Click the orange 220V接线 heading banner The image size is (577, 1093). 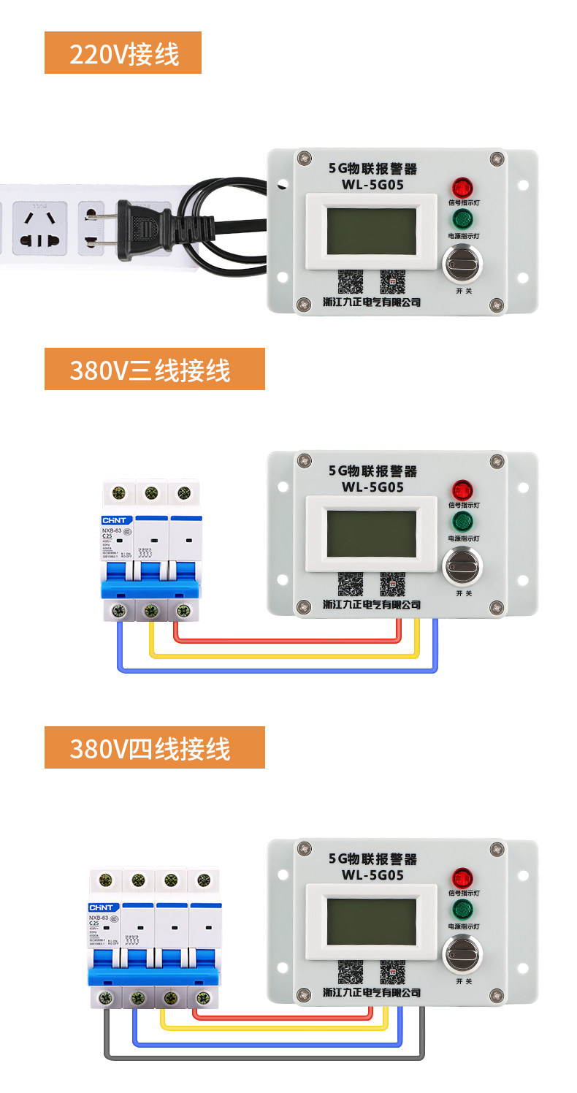point(123,53)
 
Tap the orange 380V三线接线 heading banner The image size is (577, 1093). point(154,369)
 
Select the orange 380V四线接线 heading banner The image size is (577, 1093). point(154,747)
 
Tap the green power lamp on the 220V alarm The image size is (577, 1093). point(462,218)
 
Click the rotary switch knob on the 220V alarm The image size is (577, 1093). point(462,264)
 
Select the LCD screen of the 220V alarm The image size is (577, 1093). point(371,230)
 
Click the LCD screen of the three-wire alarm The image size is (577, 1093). point(371,533)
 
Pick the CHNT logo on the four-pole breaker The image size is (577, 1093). point(102,907)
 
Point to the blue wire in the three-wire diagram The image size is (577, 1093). point(278,669)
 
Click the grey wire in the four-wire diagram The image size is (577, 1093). point(263,1056)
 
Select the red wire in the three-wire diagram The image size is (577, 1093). point(285,641)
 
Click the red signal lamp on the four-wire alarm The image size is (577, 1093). point(462,877)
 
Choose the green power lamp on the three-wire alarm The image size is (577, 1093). point(462,521)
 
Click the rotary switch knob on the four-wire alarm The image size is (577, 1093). point(462,954)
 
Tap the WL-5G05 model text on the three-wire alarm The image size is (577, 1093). point(372,487)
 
